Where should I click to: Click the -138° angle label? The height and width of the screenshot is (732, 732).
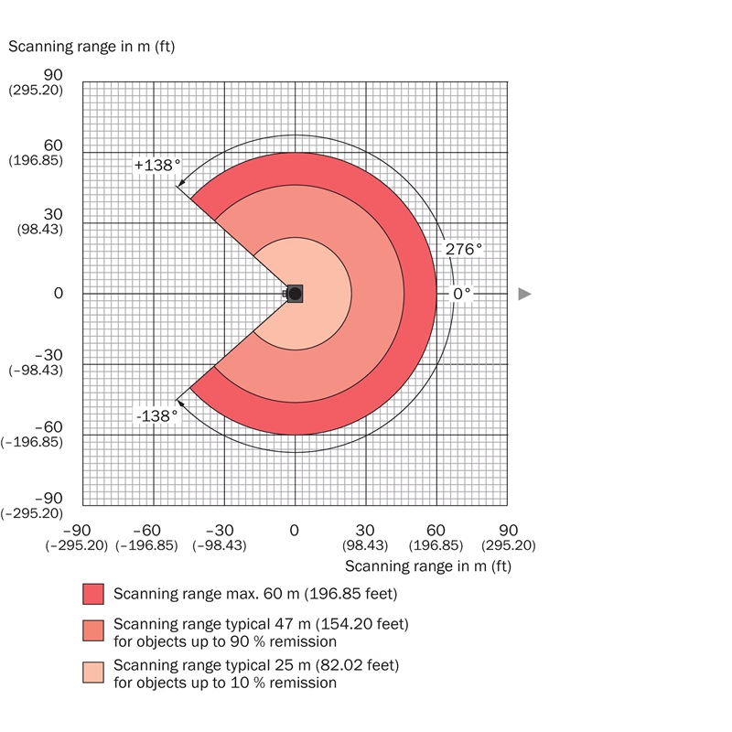[156, 415]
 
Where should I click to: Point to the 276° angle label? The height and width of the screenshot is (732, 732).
[463, 248]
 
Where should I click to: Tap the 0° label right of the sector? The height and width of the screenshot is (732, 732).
[462, 294]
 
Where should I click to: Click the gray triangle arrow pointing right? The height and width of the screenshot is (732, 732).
[524, 294]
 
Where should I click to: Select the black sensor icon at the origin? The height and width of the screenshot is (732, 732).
[294, 294]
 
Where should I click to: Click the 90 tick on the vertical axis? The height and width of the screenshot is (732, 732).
[53, 75]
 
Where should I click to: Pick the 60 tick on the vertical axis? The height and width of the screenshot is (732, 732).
[53, 145]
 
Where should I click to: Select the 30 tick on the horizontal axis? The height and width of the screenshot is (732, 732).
[365, 530]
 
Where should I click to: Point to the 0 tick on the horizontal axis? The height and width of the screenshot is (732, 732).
[295, 530]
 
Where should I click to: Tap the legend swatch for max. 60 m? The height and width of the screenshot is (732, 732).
[93, 595]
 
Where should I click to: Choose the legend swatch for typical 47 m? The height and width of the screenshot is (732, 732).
[93, 631]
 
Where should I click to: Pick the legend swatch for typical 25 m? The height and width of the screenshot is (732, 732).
[93, 673]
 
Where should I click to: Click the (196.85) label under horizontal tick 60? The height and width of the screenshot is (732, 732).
[436, 545]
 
